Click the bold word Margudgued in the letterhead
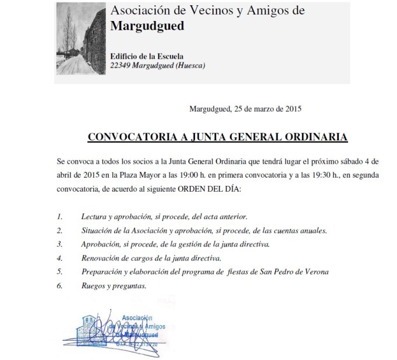pyautogui.click(x=147, y=26)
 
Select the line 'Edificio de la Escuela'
pyautogui.click(x=147, y=57)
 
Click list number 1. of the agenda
pyautogui.click(x=59, y=216)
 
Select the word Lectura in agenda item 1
pyautogui.click(x=94, y=216)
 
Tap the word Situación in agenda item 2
pyautogui.click(x=98, y=230)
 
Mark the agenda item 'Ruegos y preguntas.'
pyautogui.click(x=114, y=285)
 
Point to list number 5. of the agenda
pyautogui.click(x=59, y=271)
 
